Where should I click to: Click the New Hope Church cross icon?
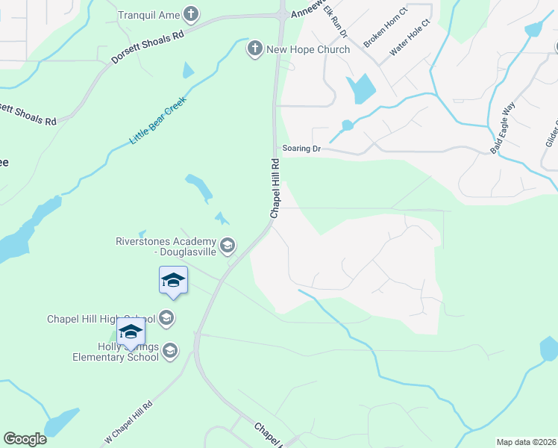pyautogui.click(x=254, y=49)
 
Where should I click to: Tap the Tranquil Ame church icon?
pyautogui.click(x=192, y=13)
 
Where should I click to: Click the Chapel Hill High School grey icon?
pyautogui.click(x=166, y=319)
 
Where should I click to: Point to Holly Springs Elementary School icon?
pyautogui.click(x=170, y=350)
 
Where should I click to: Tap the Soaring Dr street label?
pyautogui.click(x=301, y=149)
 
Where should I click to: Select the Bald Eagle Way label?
pyautogui.click(x=503, y=128)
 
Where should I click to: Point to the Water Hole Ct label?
pyautogui.click(x=410, y=41)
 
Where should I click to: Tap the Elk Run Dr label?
pyautogui.click(x=335, y=22)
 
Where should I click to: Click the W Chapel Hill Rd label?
pyautogui.click(x=128, y=422)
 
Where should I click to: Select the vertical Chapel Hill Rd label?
pyautogui.click(x=275, y=187)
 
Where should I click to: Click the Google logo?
pyautogui.click(x=25, y=439)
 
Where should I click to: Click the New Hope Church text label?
pyautogui.click(x=308, y=49)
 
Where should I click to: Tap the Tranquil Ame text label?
pyautogui.click(x=150, y=14)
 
